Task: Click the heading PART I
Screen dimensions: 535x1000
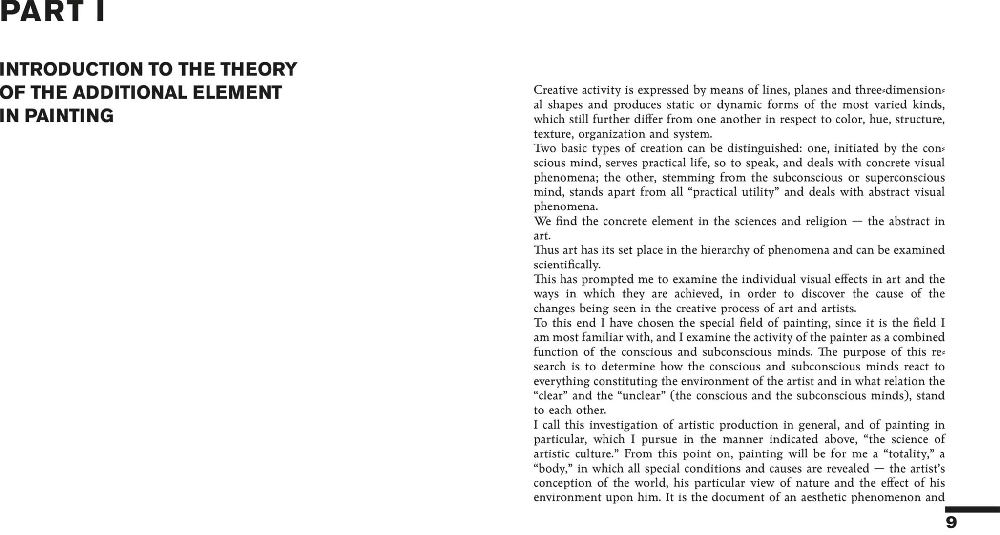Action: point(52,11)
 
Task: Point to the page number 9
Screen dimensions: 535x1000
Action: point(951,522)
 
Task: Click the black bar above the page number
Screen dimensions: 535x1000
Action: point(972,510)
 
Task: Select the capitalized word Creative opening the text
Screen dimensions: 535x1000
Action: point(555,90)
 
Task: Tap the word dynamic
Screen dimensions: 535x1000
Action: point(732,105)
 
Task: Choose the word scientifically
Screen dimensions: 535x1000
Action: point(566,265)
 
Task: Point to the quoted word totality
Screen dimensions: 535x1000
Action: point(908,454)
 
